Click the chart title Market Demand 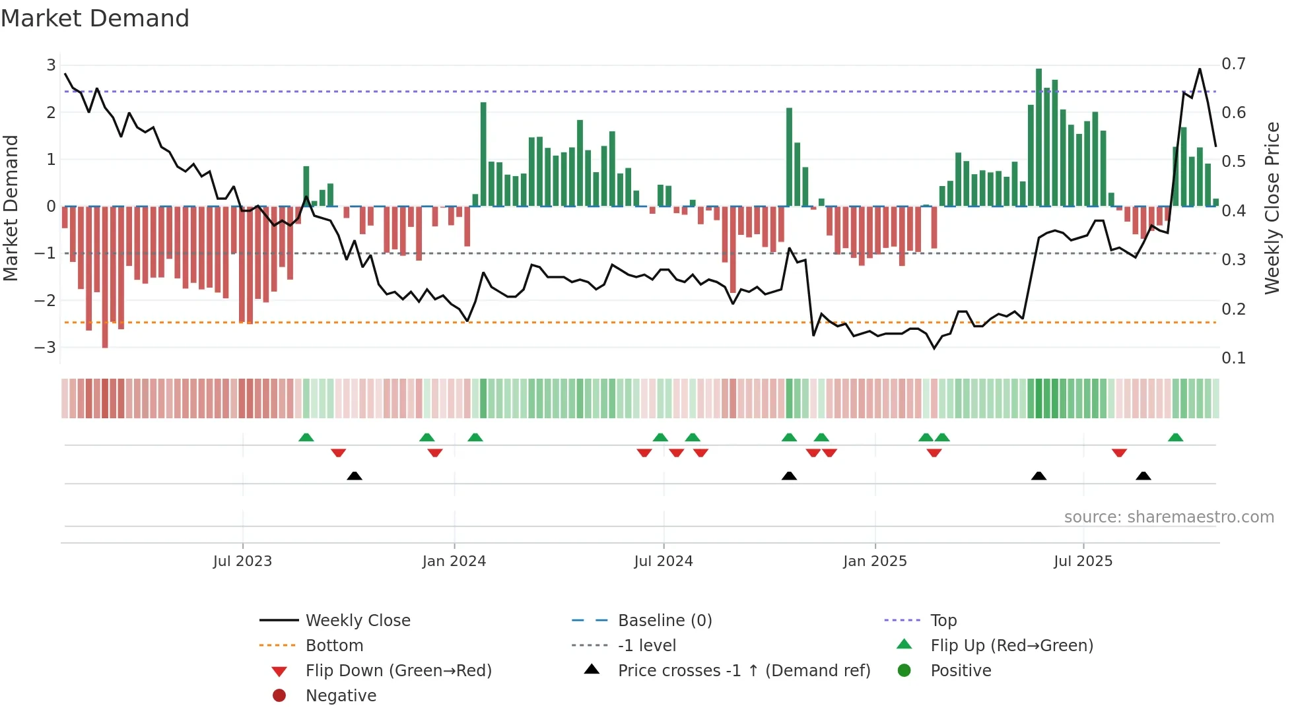click(95, 18)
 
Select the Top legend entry click(943, 620)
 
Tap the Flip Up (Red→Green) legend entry click(1011, 645)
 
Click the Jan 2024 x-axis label click(454, 561)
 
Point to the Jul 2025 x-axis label click(1083, 561)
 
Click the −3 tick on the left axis click(45, 347)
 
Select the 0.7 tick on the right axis click(1233, 64)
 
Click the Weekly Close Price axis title click(1272, 208)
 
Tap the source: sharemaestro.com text click(1169, 517)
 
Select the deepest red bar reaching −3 click(105, 277)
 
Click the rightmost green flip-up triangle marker click(1175, 437)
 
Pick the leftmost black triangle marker click(355, 476)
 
